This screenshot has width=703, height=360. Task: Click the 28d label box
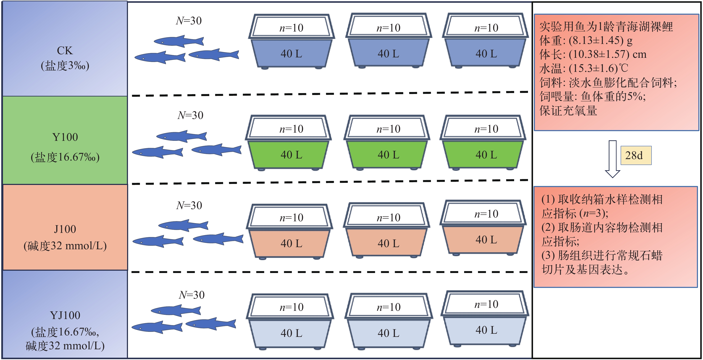point(636,155)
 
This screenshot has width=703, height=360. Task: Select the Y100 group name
point(65,137)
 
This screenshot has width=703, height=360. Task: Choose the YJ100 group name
point(65,315)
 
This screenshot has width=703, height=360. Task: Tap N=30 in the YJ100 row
point(192,295)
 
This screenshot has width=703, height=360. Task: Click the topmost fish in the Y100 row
point(182,136)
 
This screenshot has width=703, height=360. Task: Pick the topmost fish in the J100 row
point(183,225)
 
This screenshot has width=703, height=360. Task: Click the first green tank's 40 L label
point(291,155)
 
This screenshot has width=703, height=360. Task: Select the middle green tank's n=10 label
point(388,129)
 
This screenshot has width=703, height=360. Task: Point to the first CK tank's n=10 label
point(291,28)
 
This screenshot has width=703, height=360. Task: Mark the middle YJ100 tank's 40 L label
point(388,333)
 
